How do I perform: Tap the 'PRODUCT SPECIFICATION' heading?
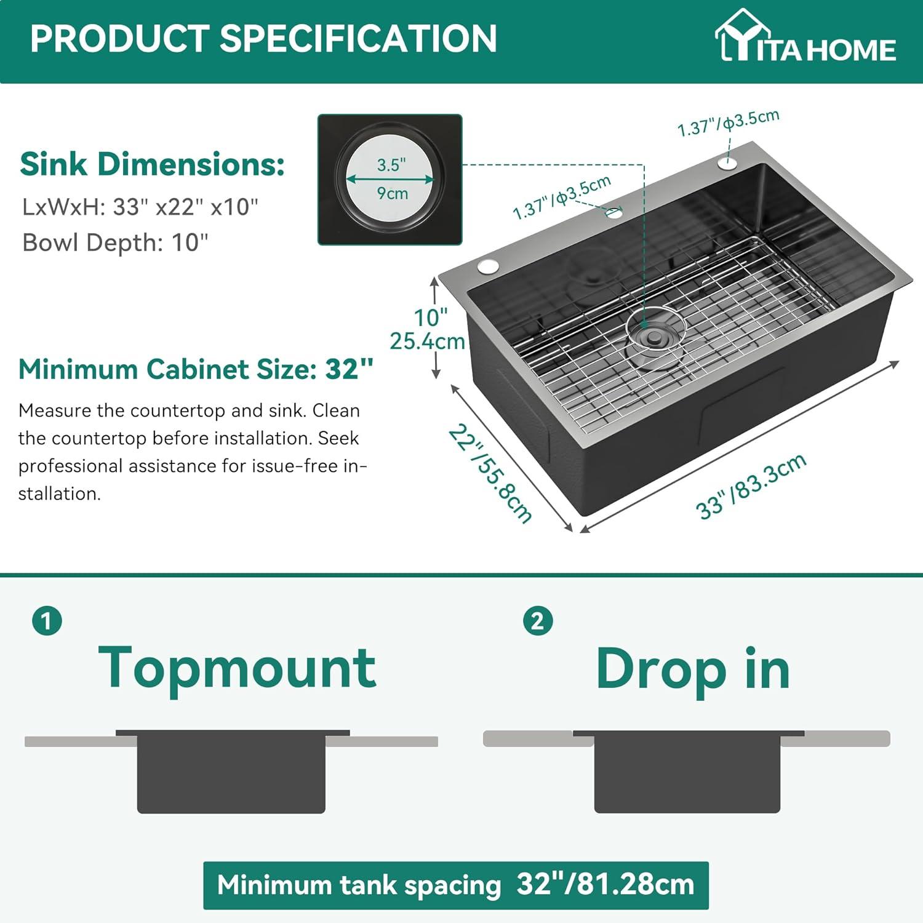click(263, 38)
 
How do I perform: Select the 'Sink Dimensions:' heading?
click(152, 165)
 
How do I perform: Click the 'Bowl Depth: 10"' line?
click(115, 242)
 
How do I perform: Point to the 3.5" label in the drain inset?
click(391, 165)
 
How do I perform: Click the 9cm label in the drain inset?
click(393, 193)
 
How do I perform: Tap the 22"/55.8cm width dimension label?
click(490, 474)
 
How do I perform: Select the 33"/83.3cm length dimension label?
click(751, 487)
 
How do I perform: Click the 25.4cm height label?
click(427, 341)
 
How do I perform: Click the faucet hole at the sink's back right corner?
click(727, 164)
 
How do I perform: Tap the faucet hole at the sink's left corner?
click(488, 266)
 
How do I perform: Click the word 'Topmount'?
click(237, 669)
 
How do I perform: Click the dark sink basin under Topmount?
click(231, 772)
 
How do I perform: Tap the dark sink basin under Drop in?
click(687, 772)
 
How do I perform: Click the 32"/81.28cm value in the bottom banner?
click(605, 885)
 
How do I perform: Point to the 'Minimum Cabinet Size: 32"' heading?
click(196, 369)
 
